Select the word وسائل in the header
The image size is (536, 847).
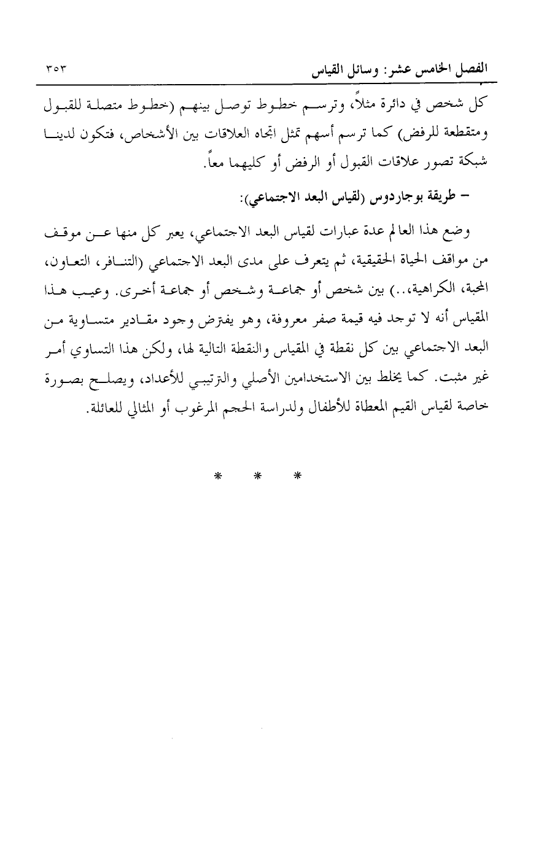click(347, 72)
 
